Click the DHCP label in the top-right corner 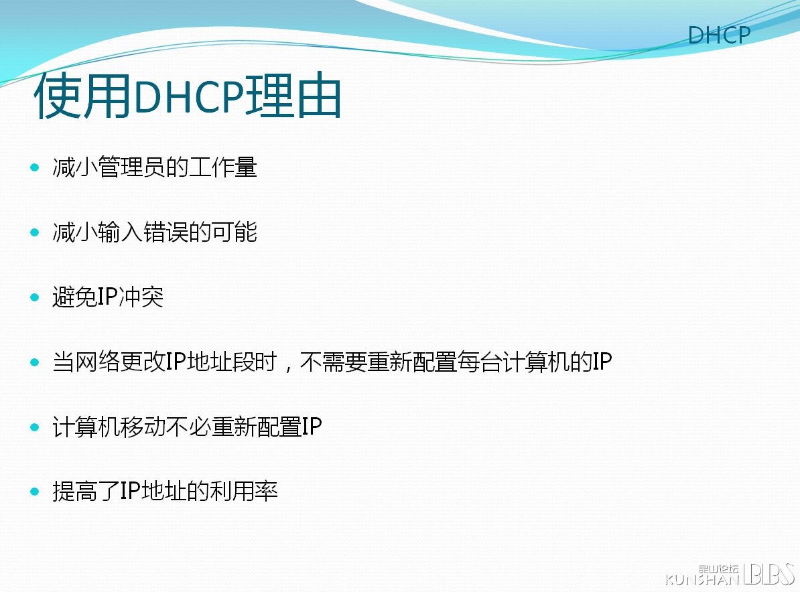(x=719, y=35)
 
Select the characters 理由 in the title (x=293, y=96)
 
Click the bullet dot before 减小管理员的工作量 (x=35, y=167)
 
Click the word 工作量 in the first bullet (x=222, y=167)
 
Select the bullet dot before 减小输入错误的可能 (x=35, y=232)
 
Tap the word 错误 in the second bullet (x=165, y=232)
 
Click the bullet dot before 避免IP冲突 (x=35, y=297)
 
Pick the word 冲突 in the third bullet (x=141, y=297)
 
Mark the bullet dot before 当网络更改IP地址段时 (x=35, y=362)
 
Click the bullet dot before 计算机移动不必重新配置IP (x=35, y=427)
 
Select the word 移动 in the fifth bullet (x=143, y=427)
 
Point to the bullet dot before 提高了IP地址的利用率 (x=35, y=492)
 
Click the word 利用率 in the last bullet (x=244, y=492)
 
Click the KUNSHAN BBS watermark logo (x=730, y=574)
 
